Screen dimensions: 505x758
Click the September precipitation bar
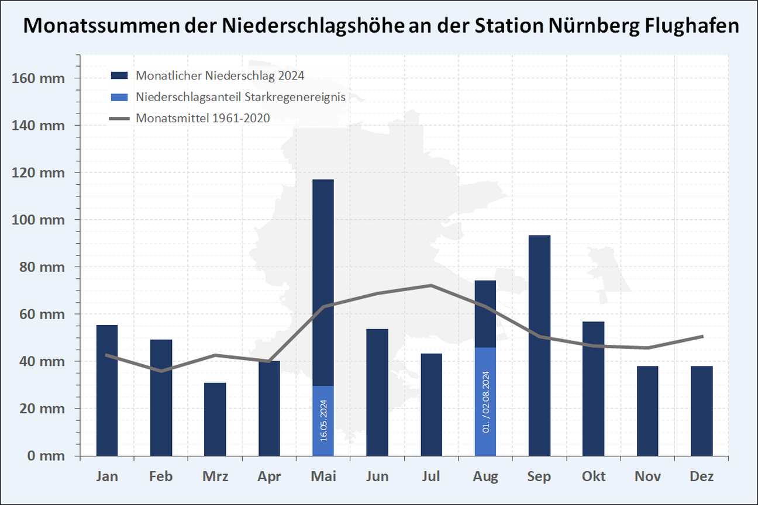539,345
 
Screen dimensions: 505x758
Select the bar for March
215,419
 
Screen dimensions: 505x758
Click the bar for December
701,411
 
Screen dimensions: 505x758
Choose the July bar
431,404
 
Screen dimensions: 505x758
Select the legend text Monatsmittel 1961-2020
203,118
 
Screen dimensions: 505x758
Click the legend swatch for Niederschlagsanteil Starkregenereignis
119,97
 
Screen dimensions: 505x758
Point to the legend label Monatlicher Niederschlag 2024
220,75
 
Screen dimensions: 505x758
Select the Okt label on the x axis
593,476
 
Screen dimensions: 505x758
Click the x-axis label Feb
161,476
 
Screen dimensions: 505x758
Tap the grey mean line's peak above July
431,285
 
